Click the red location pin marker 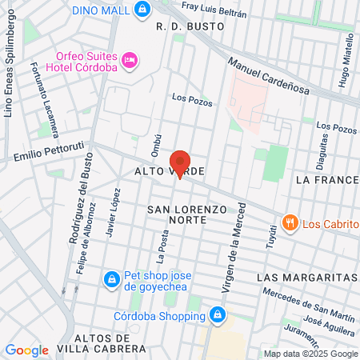point(180,164)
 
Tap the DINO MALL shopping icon point(142,10)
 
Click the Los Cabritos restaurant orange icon point(291,222)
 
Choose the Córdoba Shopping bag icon point(216,314)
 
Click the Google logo point(26,350)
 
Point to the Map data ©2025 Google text point(310,354)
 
